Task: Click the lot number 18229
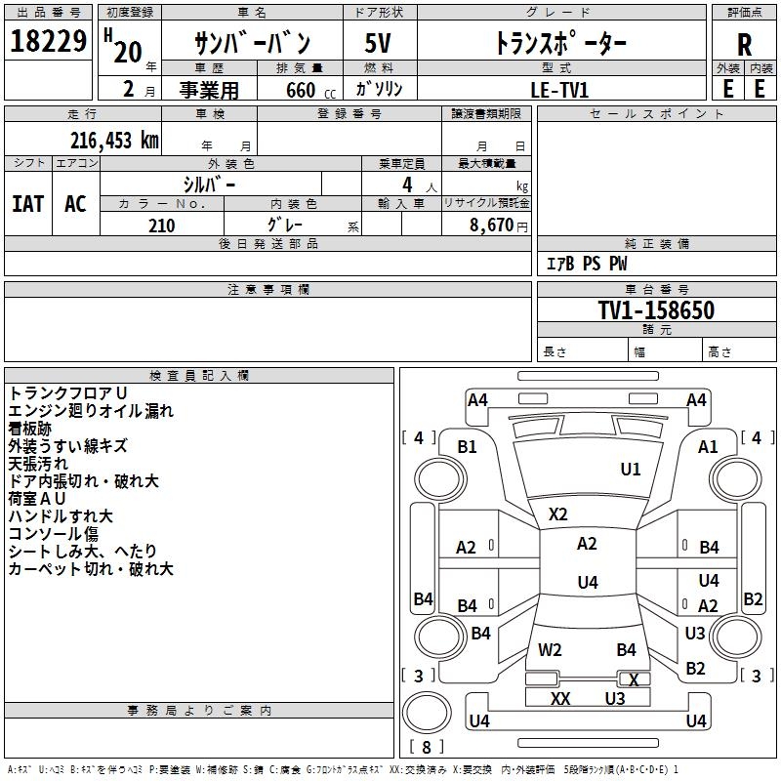click(x=49, y=42)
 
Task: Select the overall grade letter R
click(x=744, y=45)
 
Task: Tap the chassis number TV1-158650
click(x=656, y=310)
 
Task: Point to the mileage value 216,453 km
click(x=113, y=141)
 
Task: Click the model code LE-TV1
click(x=559, y=89)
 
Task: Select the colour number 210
click(x=161, y=226)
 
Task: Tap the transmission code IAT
click(x=27, y=203)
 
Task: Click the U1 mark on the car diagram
click(x=631, y=470)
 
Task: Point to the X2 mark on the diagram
click(x=558, y=514)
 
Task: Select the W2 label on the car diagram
click(x=551, y=649)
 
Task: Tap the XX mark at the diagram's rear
click(x=560, y=699)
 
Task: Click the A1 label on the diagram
click(x=708, y=446)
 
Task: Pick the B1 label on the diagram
click(x=468, y=446)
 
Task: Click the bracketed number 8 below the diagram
click(x=427, y=747)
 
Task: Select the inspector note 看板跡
click(x=30, y=429)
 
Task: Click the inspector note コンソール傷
click(x=54, y=534)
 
